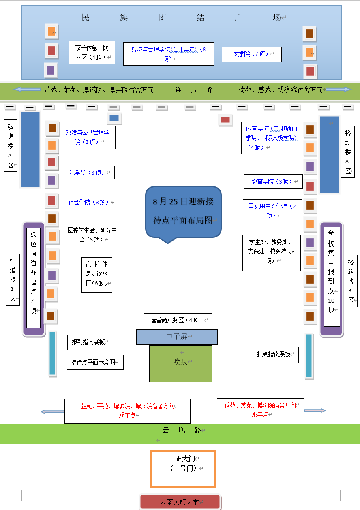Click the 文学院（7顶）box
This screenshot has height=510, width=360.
(x=251, y=54)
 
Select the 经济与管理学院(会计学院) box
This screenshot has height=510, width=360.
(x=169, y=53)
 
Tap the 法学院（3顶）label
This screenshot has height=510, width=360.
(x=88, y=173)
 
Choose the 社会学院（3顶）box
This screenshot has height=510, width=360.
(x=90, y=202)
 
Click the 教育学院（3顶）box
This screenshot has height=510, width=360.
(x=273, y=181)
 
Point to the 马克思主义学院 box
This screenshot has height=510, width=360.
(x=272, y=211)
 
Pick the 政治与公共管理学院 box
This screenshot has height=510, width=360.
(x=88, y=137)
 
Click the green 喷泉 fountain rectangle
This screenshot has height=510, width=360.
(x=180, y=363)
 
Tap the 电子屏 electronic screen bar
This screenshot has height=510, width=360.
(x=177, y=337)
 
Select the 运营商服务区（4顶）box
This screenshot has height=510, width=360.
(x=178, y=320)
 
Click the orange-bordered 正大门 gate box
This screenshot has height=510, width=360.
(x=183, y=469)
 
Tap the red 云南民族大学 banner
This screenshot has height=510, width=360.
(x=180, y=501)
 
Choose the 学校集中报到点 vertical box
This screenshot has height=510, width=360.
(x=332, y=277)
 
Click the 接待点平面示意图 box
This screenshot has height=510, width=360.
(x=95, y=362)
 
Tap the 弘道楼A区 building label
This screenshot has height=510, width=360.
(x=11, y=145)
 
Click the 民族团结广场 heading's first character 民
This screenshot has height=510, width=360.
(x=86, y=18)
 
